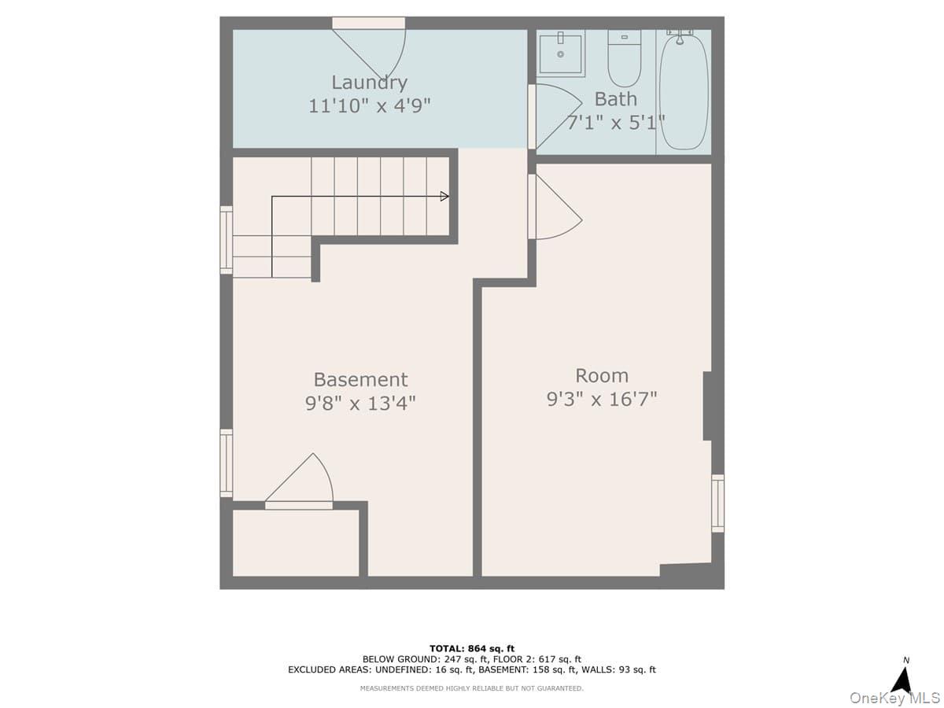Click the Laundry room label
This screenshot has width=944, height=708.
pyautogui.click(x=369, y=82)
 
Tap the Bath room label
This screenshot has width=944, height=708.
pyautogui.click(x=616, y=99)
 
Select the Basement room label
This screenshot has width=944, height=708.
pyautogui.click(x=360, y=379)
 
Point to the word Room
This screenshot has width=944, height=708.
pyautogui.click(x=602, y=375)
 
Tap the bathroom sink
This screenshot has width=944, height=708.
pyautogui.click(x=561, y=53)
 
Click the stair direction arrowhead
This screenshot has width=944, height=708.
pyautogui.click(x=444, y=197)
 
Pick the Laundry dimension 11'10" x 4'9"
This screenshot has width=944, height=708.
pyautogui.click(x=370, y=105)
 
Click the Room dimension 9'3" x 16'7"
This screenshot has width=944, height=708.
pyautogui.click(x=602, y=400)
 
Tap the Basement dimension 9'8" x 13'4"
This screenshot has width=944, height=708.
pyautogui.click(x=360, y=404)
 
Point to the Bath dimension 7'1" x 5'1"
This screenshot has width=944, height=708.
pyautogui.click(x=616, y=122)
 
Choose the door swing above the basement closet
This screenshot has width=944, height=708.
pyautogui.click(x=304, y=481)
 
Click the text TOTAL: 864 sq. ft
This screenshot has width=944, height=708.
pyautogui.click(x=472, y=648)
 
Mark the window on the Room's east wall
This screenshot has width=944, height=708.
pyautogui.click(x=717, y=503)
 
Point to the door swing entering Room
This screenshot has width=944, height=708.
pyautogui.click(x=555, y=207)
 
